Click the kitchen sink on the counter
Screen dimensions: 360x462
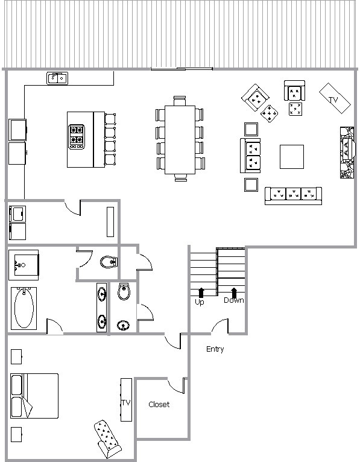[x=57, y=78]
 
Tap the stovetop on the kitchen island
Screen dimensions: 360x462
[x=77, y=137]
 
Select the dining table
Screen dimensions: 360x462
[x=180, y=140]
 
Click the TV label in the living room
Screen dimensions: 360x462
[x=333, y=100]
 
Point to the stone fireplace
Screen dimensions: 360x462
[x=347, y=153]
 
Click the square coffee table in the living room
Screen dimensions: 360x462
[x=292, y=157]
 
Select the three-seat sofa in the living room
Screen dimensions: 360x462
[x=293, y=195]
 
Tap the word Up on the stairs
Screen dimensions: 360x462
[x=200, y=302]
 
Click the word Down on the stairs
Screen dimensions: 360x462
[x=234, y=300]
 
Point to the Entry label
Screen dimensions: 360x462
[x=215, y=349]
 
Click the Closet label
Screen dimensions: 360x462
[x=159, y=404]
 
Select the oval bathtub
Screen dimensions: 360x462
[x=24, y=308]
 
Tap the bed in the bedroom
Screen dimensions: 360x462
[x=34, y=396]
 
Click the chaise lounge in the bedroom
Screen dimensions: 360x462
[x=107, y=438]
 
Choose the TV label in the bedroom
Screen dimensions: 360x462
[x=126, y=402]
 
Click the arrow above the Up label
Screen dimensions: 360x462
[x=201, y=293]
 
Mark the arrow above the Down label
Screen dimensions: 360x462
[x=234, y=292]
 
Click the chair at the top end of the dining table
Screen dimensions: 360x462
[x=180, y=101]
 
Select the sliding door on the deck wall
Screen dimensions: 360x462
[x=182, y=69]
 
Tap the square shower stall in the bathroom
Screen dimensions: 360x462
[x=24, y=265]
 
